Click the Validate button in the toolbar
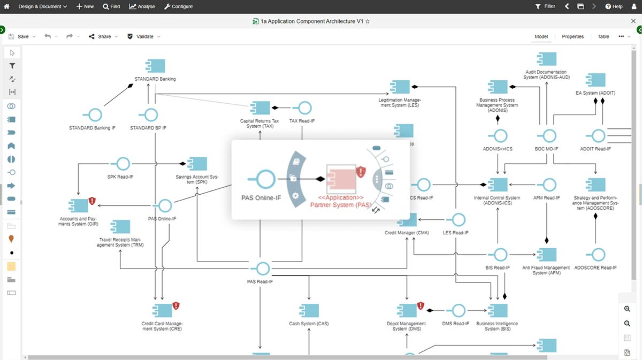click(x=140, y=36)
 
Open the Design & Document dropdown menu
click(x=42, y=6)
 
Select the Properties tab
click(x=572, y=36)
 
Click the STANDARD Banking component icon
click(x=156, y=66)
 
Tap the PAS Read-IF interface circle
click(x=263, y=269)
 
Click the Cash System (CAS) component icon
click(x=309, y=310)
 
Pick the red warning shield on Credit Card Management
click(x=176, y=306)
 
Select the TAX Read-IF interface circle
click(x=305, y=108)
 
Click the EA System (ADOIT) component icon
click(x=595, y=80)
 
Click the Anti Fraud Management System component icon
click(x=547, y=255)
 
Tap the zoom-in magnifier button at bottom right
click(x=627, y=309)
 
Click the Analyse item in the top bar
click(x=142, y=6)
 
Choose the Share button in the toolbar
click(x=100, y=36)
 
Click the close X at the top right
click(x=633, y=21)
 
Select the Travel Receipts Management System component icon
click(x=121, y=227)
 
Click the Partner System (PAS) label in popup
click(x=341, y=205)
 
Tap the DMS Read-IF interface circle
click(x=458, y=310)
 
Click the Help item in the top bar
click(x=614, y=6)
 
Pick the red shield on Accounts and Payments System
click(x=92, y=201)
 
